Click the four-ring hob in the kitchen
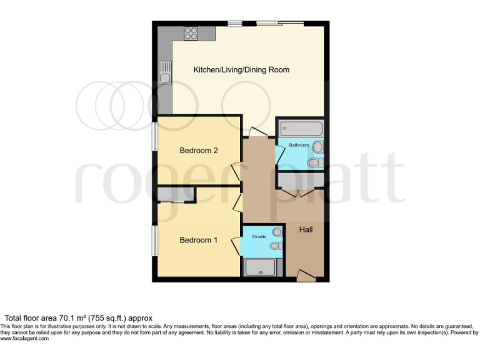[x=191, y=33]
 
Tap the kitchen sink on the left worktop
[x=165, y=72]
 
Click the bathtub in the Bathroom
[x=300, y=129]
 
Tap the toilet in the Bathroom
[x=315, y=162]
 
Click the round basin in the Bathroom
[x=318, y=147]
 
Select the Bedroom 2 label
[x=198, y=151]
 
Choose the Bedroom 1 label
[x=198, y=239]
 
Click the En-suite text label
[x=259, y=237]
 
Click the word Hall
[x=306, y=230]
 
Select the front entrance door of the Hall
[x=306, y=275]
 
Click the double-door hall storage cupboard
[x=300, y=181]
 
